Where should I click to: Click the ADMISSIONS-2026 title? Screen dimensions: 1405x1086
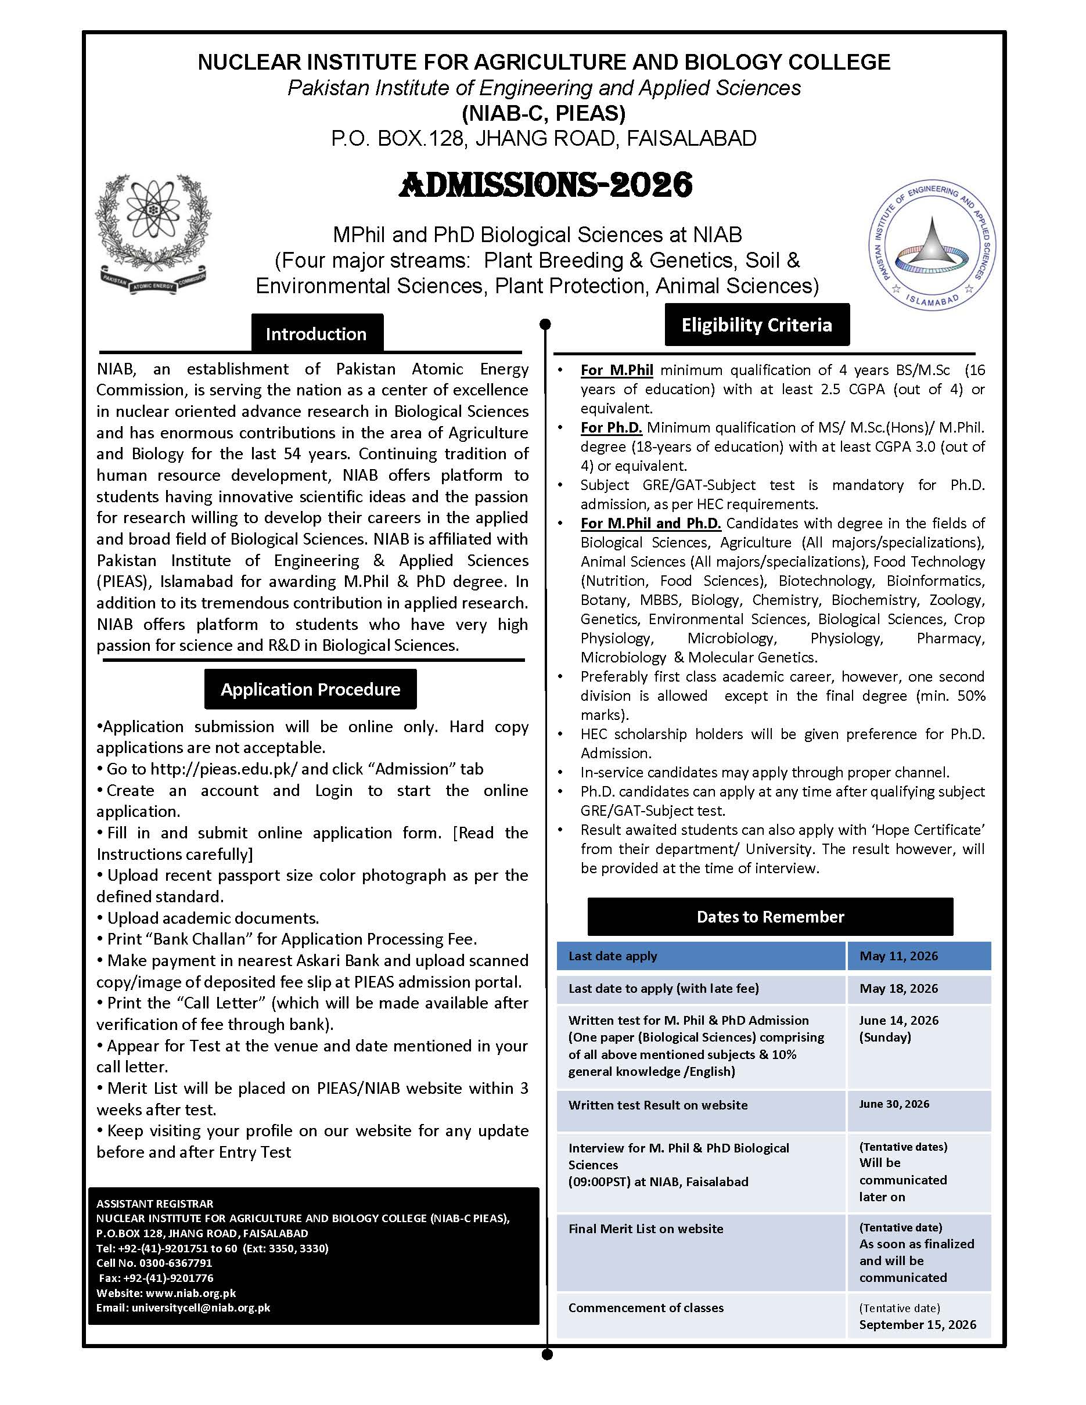(x=545, y=185)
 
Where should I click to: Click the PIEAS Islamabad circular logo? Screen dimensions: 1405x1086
(x=932, y=245)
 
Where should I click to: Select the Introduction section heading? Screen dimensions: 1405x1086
(x=317, y=334)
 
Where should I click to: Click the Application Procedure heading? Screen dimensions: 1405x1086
(x=310, y=689)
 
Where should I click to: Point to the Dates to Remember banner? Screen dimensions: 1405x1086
(x=770, y=917)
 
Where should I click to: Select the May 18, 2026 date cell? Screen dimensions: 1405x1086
(x=899, y=988)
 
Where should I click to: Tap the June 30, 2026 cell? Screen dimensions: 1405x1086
(x=894, y=1104)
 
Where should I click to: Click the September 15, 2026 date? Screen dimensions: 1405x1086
(x=918, y=1324)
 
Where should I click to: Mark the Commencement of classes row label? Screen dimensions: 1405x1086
(x=646, y=1307)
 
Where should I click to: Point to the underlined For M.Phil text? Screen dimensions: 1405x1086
(x=616, y=370)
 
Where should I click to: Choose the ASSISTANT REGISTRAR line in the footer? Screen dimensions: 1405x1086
(x=155, y=1204)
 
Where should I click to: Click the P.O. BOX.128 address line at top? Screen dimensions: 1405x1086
(x=544, y=138)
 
